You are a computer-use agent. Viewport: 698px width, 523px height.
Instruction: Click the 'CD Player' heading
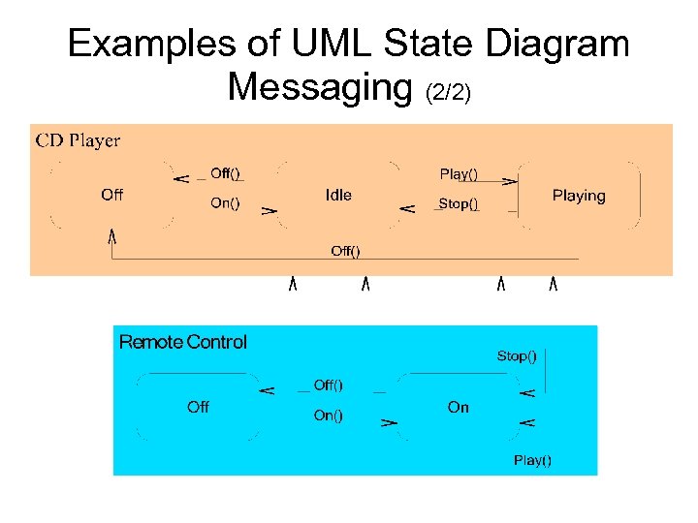pyautogui.click(x=79, y=140)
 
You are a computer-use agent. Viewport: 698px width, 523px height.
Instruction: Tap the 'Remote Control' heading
pyautogui.click(x=182, y=342)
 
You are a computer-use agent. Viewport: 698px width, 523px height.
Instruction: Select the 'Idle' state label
pyautogui.click(x=338, y=195)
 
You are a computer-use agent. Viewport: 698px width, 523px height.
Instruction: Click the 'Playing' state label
pyautogui.click(x=579, y=196)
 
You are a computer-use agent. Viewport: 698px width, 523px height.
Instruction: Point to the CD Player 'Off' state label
pyautogui.click(x=112, y=195)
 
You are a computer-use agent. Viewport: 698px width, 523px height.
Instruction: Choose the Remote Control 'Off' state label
pyautogui.click(x=198, y=407)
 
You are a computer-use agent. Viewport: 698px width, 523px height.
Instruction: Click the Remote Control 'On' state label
pyautogui.click(x=459, y=407)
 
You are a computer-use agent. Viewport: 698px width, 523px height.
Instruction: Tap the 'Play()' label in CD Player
pyautogui.click(x=459, y=174)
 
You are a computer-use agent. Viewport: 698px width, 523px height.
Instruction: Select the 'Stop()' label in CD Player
pyautogui.click(x=459, y=203)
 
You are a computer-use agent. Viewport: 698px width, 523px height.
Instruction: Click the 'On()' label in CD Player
pyautogui.click(x=225, y=203)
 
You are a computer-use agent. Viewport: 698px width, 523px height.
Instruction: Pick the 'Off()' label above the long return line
pyautogui.click(x=345, y=251)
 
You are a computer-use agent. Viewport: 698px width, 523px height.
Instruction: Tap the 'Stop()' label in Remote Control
pyautogui.click(x=517, y=356)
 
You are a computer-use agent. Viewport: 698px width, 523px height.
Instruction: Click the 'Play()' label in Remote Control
pyautogui.click(x=532, y=460)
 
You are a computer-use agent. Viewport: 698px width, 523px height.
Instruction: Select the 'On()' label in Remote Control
pyautogui.click(x=328, y=415)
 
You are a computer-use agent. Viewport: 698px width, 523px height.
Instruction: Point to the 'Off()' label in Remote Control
pyautogui.click(x=328, y=385)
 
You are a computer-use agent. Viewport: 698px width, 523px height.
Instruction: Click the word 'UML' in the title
pyautogui.click(x=331, y=44)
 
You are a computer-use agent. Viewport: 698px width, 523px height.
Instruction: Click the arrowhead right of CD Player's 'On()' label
pyautogui.click(x=270, y=208)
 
